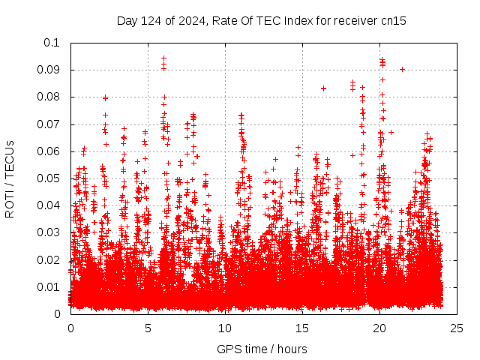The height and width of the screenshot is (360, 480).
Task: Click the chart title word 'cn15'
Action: tap(394, 21)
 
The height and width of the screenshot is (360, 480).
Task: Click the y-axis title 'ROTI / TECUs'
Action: tap(10, 178)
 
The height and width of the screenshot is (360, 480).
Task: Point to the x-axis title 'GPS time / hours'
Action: tap(262, 349)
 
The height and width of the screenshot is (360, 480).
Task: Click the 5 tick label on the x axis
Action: tap(148, 328)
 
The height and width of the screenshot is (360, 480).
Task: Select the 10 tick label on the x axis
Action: tap(225, 328)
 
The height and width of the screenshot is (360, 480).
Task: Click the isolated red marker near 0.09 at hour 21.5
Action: tap(402, 69)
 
